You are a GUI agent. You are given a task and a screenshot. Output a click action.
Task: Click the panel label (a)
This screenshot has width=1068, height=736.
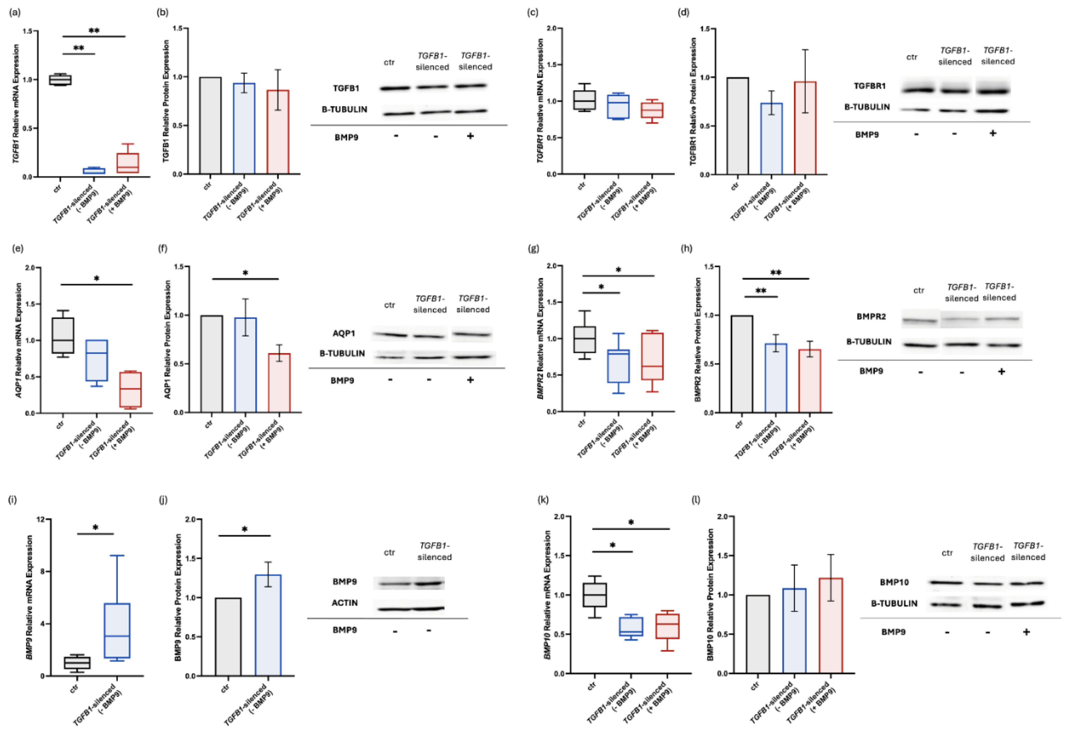[x=15, y=13]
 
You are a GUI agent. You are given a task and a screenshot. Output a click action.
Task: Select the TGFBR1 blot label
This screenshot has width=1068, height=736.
[x=869, y=86]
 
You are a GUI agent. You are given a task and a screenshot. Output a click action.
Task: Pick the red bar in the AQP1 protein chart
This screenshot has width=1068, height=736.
[x=279, y=383]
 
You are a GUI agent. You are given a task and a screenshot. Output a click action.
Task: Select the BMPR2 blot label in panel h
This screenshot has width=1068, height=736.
[x=871, y=316]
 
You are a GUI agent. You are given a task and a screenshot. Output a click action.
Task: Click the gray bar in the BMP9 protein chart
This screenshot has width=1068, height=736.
[x=228, y=637]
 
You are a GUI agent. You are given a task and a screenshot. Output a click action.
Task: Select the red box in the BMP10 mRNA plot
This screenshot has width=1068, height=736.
[x=667, y=626]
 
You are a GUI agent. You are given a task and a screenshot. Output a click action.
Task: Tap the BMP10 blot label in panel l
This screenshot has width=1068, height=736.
[x=894, y=582]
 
